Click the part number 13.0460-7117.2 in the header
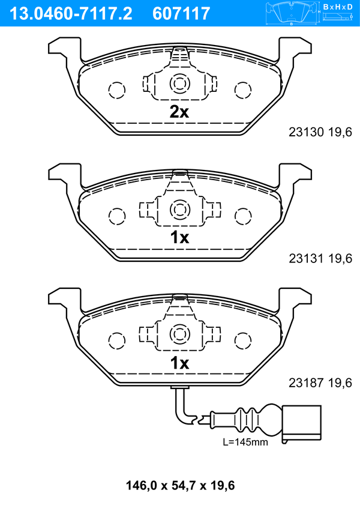(x=71, y=14)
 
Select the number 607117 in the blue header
(x=181, y=14)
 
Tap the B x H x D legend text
(x=338, y=7)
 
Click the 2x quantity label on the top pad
(x=179, y=112)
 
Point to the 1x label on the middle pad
(x=179, y=238)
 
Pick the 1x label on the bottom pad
(x=179, y=363)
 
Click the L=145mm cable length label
(x=245, y=442)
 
